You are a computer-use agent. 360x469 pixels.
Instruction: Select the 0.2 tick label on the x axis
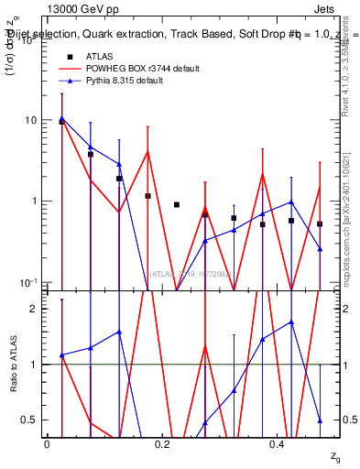(x=162, y=444)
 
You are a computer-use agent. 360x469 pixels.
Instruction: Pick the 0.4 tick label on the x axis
(x=277, y=444)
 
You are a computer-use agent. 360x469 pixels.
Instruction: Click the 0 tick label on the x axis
(x=47, y=444)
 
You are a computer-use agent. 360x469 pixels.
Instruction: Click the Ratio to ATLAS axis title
(x=14, y=365)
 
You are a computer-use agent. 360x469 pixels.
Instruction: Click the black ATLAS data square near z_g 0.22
(x=177, y=204)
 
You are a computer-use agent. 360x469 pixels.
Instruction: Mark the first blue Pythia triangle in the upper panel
(x=61, y=118)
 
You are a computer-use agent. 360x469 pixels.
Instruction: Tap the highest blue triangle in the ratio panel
(x=291, y=322)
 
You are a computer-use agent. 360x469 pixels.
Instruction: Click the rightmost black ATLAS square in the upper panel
(x=320, y=224)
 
